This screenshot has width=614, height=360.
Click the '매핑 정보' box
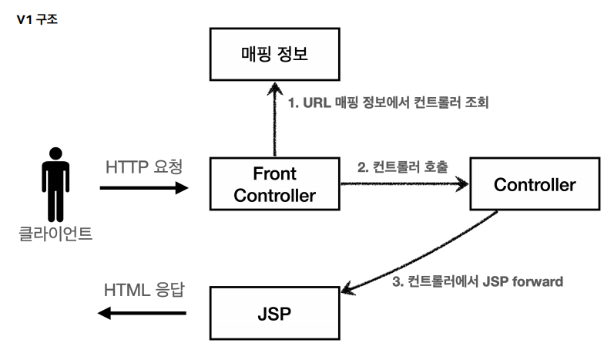point(274,53)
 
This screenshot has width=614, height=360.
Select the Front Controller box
point(274,183)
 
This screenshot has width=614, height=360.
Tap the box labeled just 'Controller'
point(534,185)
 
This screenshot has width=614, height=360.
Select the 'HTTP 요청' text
point(144,166)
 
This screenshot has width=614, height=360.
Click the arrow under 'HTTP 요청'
point(143,187)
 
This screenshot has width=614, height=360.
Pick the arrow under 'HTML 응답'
point(143,313)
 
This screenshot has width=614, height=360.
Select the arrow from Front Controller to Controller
point(404,183)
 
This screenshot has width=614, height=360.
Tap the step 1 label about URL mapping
point(388,102)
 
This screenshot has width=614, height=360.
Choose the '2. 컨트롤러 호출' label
point(401,167)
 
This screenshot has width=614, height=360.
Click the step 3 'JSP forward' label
point(478,282)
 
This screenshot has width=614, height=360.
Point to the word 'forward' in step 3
point(536,282)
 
